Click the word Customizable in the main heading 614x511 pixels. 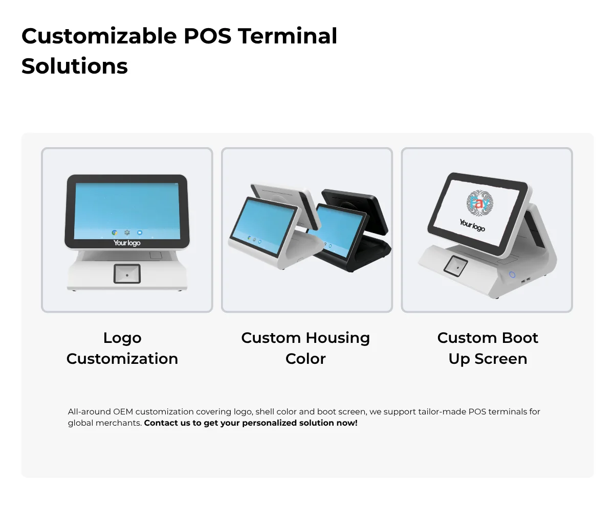[x=99, y=36]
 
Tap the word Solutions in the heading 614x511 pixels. [x=75, y=66]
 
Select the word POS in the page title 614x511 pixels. [x=208, y=36]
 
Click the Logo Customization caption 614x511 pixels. [x=122, y=349]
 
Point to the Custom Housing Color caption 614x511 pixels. [x=305, y=349]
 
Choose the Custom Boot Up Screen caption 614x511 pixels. [x=488, y=349]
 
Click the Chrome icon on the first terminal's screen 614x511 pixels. [x=115, y=233]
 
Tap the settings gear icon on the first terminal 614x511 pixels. [x=127, y=233]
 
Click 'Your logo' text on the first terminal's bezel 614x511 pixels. [x=127, y=243]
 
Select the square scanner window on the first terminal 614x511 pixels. [x=127, y=274]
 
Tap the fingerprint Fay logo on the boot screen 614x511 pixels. [x=480, y=203]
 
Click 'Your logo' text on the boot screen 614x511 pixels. [x=472, y=225]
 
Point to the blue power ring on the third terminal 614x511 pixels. [x=512, y=274]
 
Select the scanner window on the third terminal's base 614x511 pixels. [x=456, y=266]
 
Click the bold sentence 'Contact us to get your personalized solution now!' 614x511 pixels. [x=251, y=423]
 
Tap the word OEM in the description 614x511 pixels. [x=123, y=412]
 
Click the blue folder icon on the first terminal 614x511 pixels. [x=140, y=233]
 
